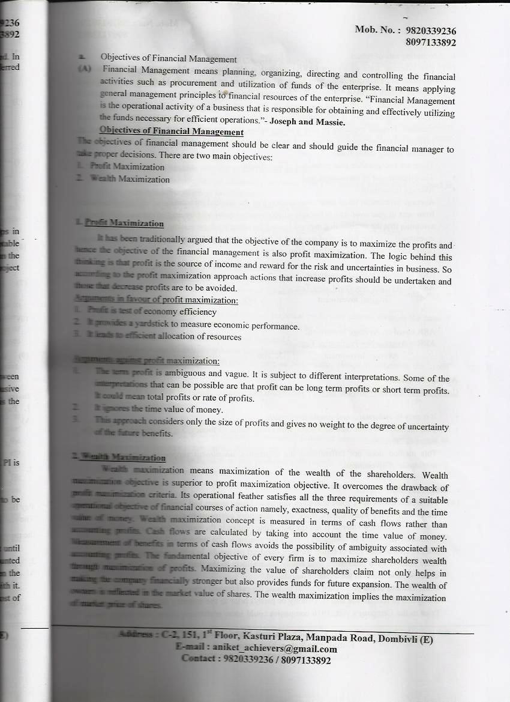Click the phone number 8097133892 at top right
tap(430, 43)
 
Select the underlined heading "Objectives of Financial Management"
tap(172, 132)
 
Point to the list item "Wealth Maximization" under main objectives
tap(130, 179)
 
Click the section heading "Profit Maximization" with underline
tap(124, 223)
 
